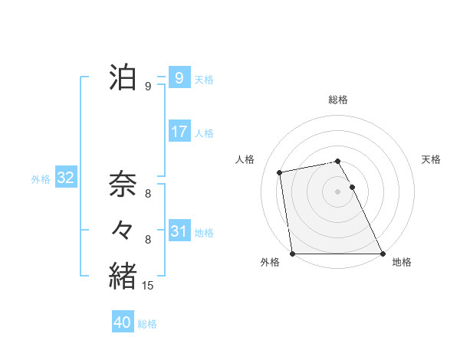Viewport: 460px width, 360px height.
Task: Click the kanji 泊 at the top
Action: point(123,77)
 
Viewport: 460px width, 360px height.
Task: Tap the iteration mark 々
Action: point(123,230)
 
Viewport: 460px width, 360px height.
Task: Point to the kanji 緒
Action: point(123,275)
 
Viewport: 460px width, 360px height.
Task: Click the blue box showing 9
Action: point(179,77)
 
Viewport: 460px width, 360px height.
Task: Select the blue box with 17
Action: point(179,131)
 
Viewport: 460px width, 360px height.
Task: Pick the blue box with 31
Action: point(179,230)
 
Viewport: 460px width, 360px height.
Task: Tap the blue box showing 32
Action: point(65,178)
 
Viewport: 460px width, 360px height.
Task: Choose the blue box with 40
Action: point(123,322)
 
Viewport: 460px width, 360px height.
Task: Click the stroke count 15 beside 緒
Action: point(149,286)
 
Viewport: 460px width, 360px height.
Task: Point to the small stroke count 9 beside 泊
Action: point(147,87)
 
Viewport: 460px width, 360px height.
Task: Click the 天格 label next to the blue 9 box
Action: point(205,79)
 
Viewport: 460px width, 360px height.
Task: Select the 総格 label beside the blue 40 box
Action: point(148,324)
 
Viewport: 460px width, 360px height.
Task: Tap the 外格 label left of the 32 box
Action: point(41,180)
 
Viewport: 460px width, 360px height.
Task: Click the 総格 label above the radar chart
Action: point(338,100)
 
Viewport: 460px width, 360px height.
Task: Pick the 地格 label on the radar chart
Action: point(402,263)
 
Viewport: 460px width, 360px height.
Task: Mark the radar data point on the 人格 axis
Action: point(281,172)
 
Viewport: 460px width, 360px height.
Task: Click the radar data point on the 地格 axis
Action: point(382,254)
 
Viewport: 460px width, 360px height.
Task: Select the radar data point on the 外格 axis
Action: point(293,254)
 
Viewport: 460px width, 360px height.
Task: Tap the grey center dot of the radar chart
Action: point(338,191)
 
